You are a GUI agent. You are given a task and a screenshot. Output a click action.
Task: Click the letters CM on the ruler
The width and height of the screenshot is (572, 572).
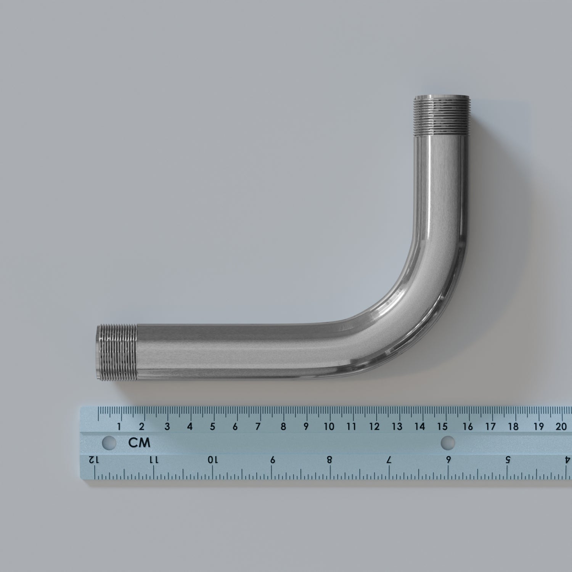click(139, 443)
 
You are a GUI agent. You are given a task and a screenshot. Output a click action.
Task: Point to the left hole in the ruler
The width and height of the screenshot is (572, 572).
click(109, 443)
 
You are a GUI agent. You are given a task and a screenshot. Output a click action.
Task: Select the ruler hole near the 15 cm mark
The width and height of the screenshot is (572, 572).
click(448, 442)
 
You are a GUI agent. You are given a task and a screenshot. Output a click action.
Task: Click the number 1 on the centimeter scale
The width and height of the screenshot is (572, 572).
click(119, 426)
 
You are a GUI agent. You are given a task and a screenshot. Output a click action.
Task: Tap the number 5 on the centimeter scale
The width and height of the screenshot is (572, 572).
click(212, 426)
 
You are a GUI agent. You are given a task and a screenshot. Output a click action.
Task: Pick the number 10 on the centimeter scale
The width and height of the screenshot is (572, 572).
click(329, 426)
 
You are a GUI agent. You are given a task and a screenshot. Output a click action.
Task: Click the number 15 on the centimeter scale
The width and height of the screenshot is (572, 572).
click(443, 426)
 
